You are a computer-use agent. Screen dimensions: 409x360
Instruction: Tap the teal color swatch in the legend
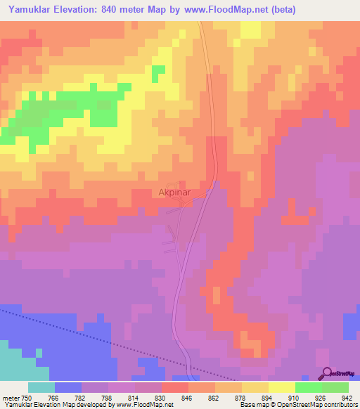[x=41, y=387]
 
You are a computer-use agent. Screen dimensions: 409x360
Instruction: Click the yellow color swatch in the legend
[x=281, y=387]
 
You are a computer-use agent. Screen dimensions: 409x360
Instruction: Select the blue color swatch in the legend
[x=68, y=387]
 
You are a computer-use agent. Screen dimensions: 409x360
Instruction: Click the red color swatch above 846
[x=174, y=387]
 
